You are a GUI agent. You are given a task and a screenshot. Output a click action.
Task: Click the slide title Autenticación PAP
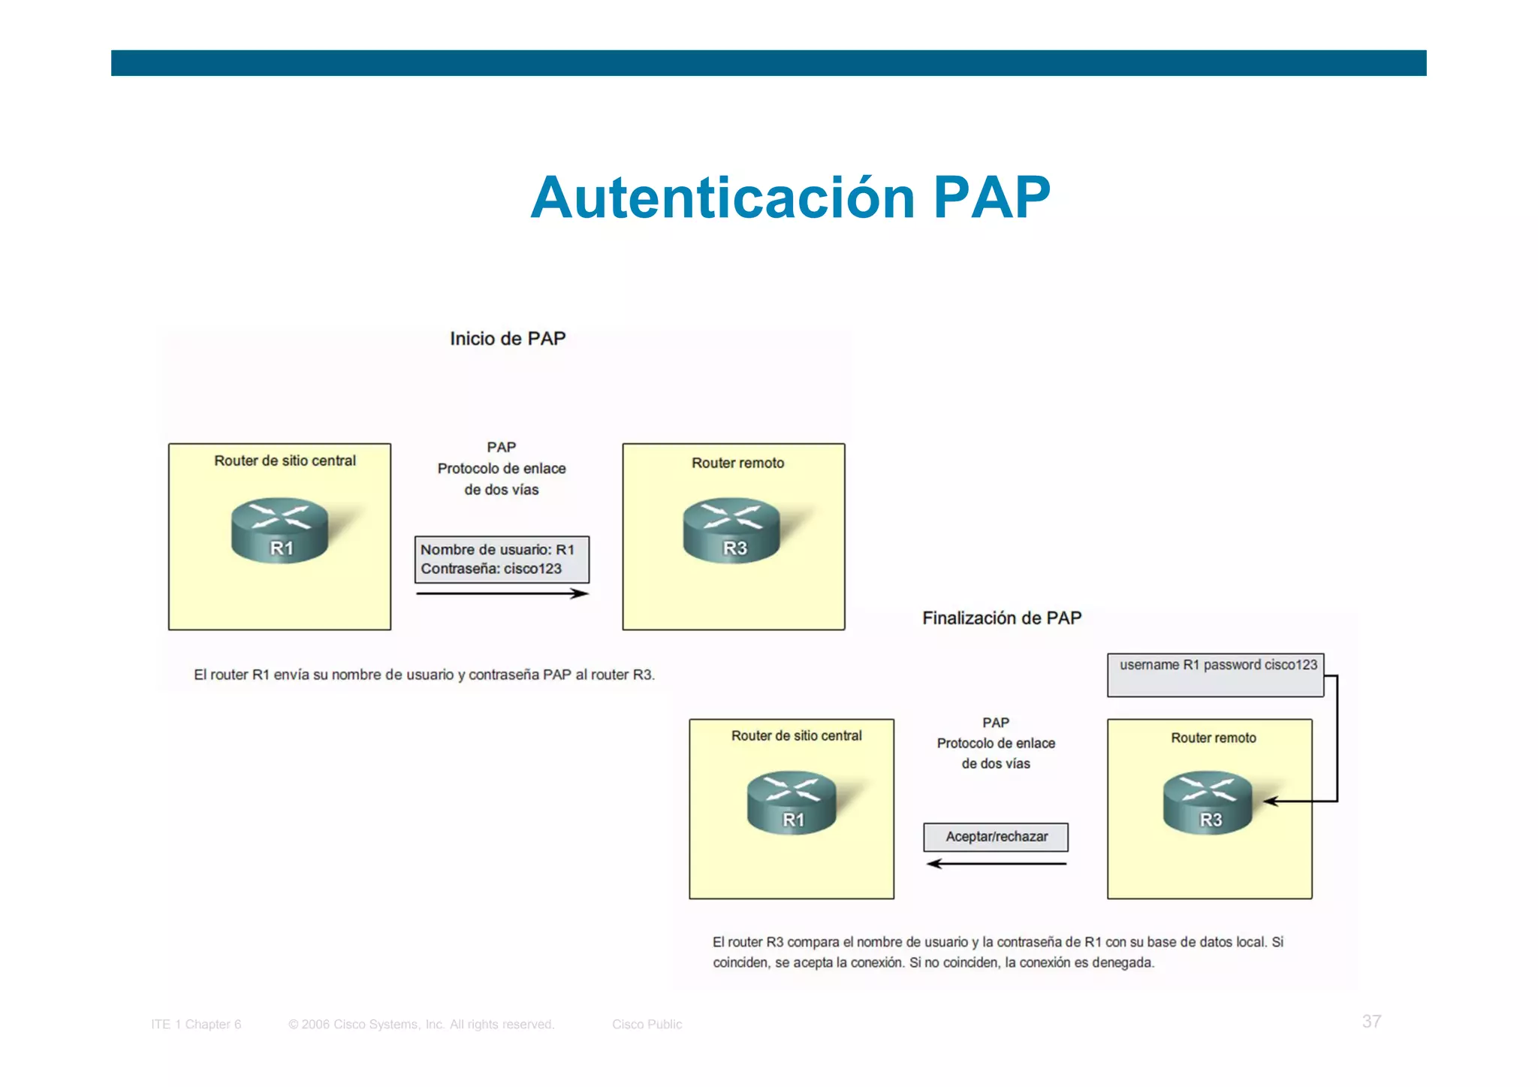click(790, 198)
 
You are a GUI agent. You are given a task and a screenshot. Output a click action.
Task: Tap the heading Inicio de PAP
click(508, 339)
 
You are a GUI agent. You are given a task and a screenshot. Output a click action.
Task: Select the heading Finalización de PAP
click(1002, 618)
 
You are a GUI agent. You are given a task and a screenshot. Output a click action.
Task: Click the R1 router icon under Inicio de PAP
click(279, 530)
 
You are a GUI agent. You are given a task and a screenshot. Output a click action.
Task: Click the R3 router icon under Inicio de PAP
click(731, 530)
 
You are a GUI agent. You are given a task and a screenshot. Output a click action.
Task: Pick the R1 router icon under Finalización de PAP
click(792, 802)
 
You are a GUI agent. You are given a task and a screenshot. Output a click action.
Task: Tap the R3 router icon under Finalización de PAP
click(1208, 802)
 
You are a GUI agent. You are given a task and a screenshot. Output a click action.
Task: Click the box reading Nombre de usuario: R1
click(502, 560)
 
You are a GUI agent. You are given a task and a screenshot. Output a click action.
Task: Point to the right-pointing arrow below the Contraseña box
click(502, 593)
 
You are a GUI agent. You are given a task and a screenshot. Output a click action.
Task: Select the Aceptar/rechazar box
click(996, 837)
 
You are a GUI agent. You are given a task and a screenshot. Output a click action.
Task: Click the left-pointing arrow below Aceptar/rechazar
click(996, 864)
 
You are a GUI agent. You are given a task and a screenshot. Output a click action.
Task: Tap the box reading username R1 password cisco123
click(1215, 675)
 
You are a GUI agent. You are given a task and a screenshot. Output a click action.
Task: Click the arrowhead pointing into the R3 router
click(1269, 802)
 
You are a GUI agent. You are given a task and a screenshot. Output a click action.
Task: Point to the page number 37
click(1371, 1022)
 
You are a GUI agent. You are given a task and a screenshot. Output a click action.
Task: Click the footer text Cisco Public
click(647, 1024)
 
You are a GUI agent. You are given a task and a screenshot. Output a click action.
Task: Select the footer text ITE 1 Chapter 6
click(196, 1024)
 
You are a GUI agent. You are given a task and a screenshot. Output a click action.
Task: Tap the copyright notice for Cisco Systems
click(421, 1024)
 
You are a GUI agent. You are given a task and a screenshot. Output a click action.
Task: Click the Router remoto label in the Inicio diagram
click(737, 463)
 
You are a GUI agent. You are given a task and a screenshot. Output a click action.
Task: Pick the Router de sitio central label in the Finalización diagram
click(796, 736)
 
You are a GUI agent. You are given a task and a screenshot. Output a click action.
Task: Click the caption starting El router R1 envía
click(424, 675)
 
